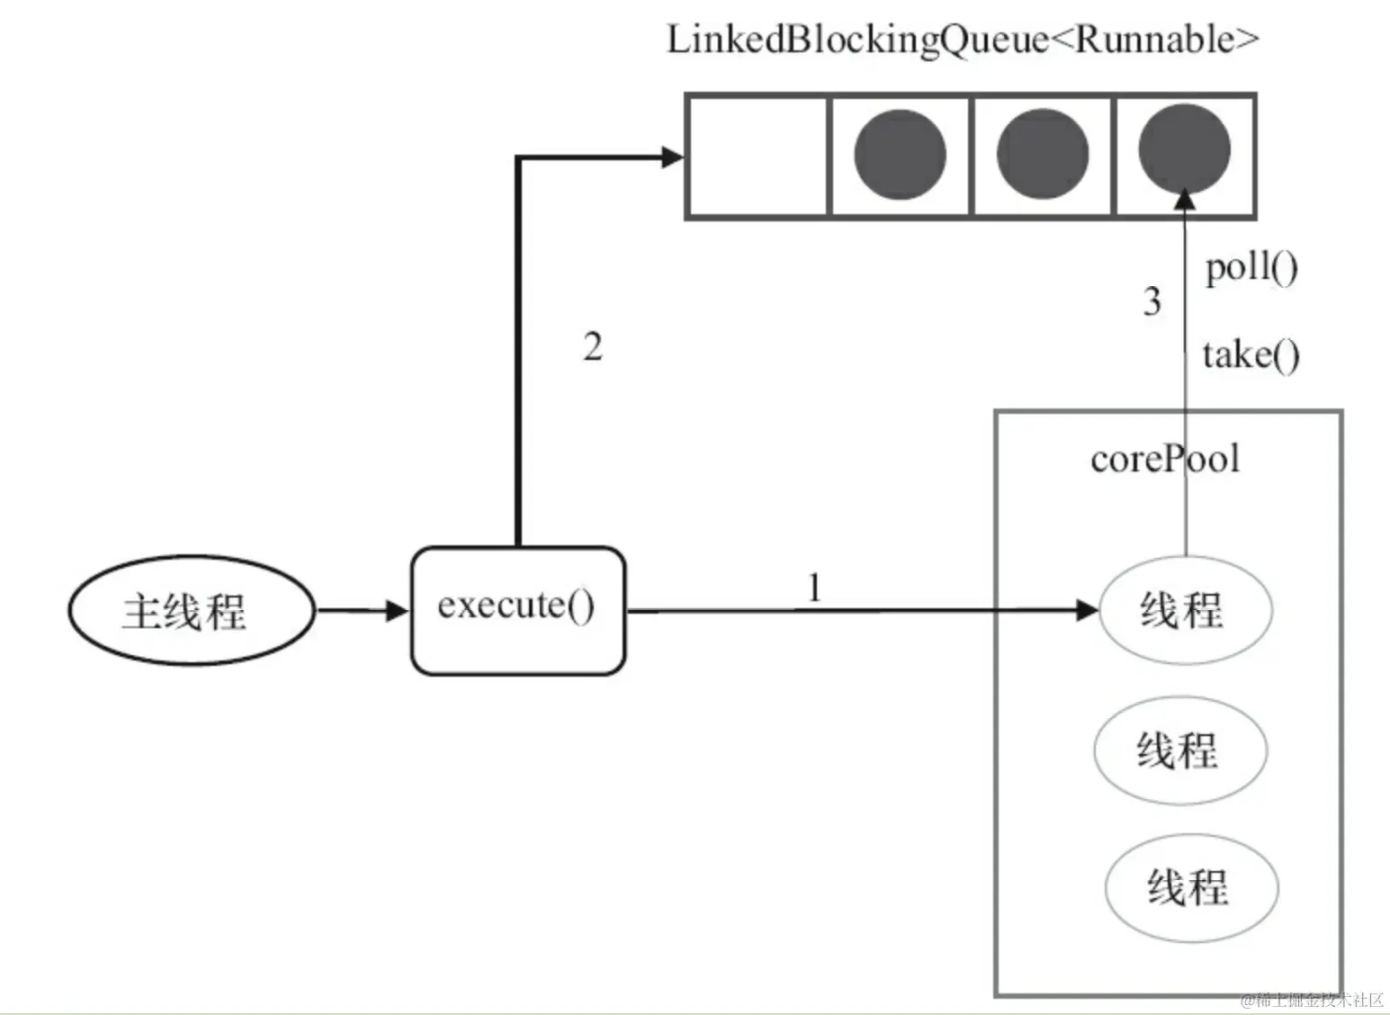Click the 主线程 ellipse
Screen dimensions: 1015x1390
pyautogui.click(x=191, y=611)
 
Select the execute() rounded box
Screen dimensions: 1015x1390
pyautogui.click(x=517, y=609)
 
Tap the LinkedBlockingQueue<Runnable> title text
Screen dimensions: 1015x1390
pyautogui.click(x=962, y=41)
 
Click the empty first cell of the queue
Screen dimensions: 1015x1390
pyautogui.click(x=757, y=156)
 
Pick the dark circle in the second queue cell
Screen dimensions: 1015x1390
pyautogui.click(x=899, y=155)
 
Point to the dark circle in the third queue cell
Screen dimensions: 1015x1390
pyautogui.click(x=1042, y=155)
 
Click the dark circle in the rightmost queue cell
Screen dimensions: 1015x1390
pyautogui.click(x=1184, y=149)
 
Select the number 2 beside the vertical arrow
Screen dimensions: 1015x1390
pyautogui.click(x=592, y=347)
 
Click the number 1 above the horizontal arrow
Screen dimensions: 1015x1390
pyautogui.click(x=813, y=588)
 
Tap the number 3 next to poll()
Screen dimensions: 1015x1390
pyautogui.click(x=1152, y=301)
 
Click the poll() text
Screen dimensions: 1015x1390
pyautogui.click(x=1251, y=267)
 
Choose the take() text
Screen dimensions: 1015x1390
pyautogui.click(x=1251, y=355)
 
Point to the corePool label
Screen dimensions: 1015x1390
pyautogui.click(x=1164, y=459)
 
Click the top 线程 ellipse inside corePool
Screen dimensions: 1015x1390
pyautogui.click(x=1185, y=610)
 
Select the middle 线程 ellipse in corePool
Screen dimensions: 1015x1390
pyautogui.click(x=1180, y=749)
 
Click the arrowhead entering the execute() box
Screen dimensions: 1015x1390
pyautogui.click(x=397, y=611)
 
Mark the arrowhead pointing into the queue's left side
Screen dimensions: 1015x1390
pyautogui.click(x=672, y=157)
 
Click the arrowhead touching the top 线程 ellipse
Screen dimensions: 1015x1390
pyautogui.click(x=1088, y=610)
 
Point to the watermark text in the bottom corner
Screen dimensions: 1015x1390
pyautogui.click(x=1313, y=1000)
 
